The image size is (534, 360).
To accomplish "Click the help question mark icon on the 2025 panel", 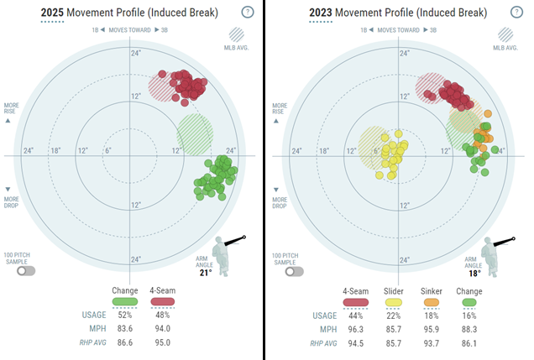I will point(247,13).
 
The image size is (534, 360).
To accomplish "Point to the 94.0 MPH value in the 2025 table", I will point(162,330).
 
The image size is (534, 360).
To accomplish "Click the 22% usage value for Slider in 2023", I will point(395,316).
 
